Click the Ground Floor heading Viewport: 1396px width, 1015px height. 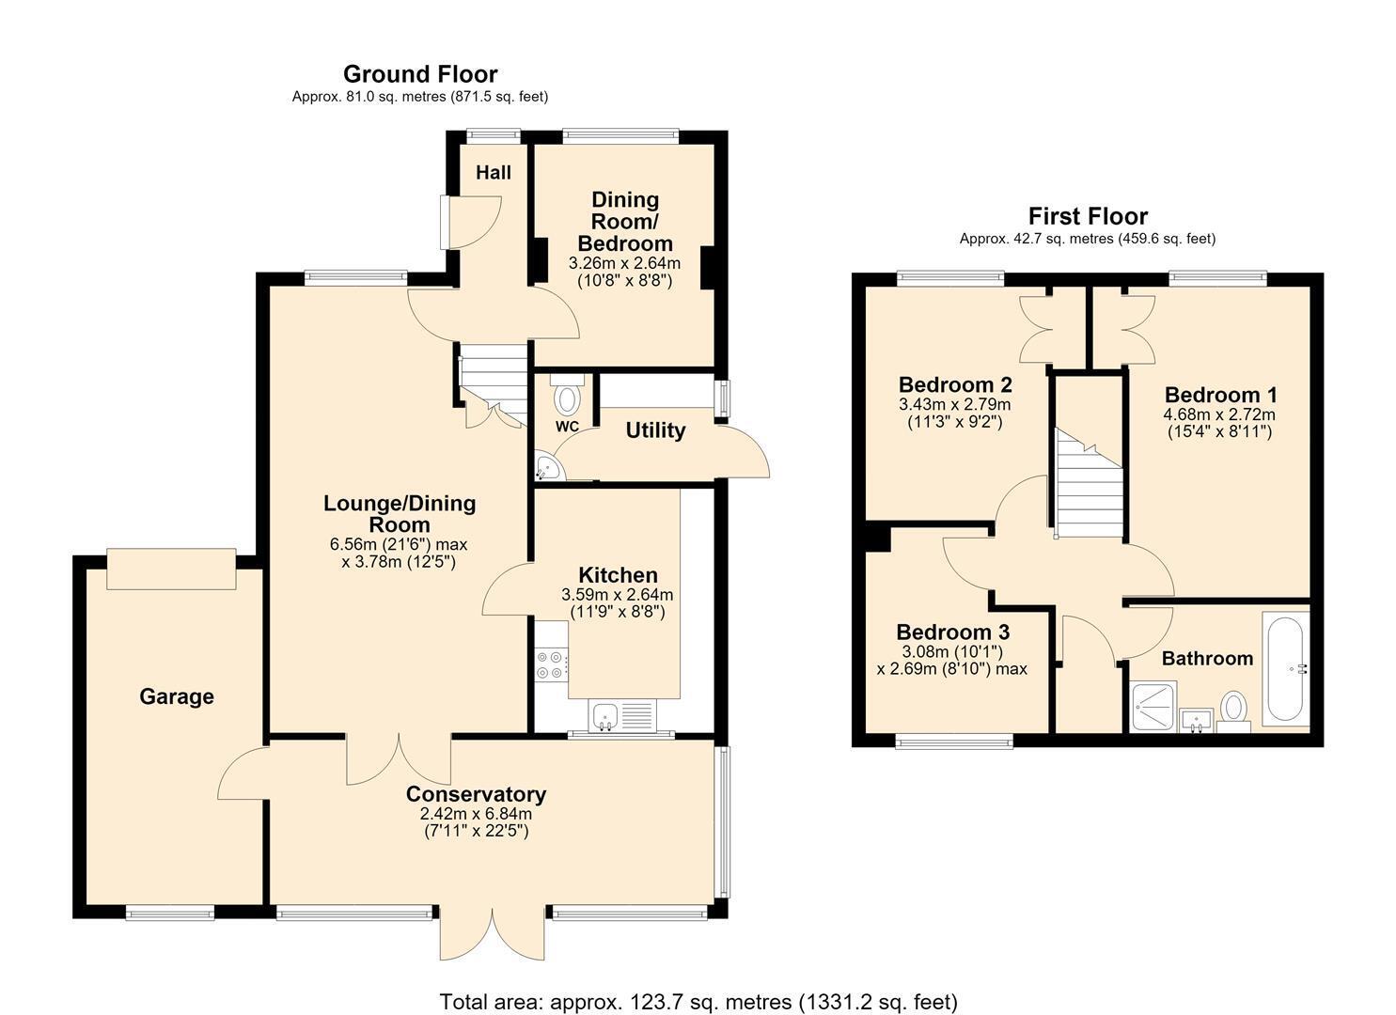[x=420, y=74]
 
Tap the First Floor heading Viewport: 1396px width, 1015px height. [x=1088, y=216]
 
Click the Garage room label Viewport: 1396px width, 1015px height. [x=177, y=696]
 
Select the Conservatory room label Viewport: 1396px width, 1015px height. [x=476, y=794]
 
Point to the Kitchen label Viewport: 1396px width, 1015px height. [x=618, y=574]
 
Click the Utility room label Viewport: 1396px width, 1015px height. [x=655, y=429]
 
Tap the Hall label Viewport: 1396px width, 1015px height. [x=494, y=172]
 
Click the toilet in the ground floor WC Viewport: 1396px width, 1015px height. [x=567, y=395]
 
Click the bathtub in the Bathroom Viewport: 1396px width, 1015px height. [x=1285, y=668]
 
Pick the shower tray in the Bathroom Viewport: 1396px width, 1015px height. [x=1153, y=707]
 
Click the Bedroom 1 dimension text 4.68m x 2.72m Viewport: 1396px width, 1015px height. [x=1219, y=414]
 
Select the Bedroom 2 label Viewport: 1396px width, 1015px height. [x=955, y=383]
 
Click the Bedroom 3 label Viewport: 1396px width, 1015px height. [x=952, y=632]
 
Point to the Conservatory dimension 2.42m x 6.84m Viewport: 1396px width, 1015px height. [x=476, y=814]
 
